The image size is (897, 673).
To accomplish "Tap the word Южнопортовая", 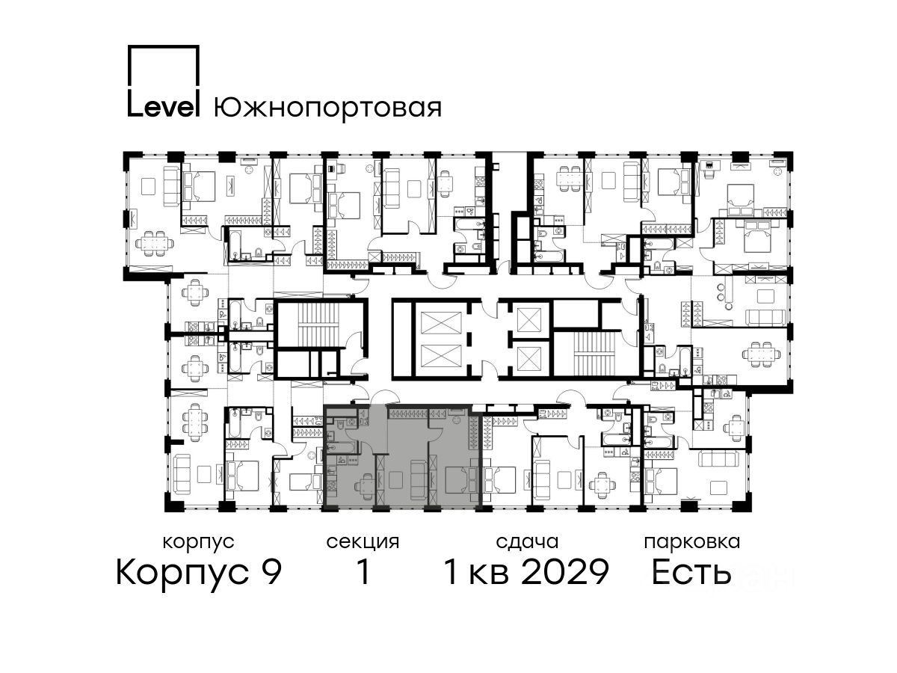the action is [x=327, y=108].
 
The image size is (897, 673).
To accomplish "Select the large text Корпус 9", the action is [x=199, y=573].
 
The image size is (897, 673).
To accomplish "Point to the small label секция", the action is [x=363, y=542].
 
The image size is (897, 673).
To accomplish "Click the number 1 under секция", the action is [x=363, y=572].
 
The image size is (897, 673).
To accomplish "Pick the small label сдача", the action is [x=527, y=542].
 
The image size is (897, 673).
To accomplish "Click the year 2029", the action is [x=566, y=572].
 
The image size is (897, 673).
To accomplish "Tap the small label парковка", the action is [x=692, y=543].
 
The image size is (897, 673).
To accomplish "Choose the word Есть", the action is [x=691, y=572].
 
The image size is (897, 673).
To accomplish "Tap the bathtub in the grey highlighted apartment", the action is [x=342, y=448].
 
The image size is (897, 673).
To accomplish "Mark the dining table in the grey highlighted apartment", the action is [x=366, y=485].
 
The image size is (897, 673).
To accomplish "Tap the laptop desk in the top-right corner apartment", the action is [x=709, y=167].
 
